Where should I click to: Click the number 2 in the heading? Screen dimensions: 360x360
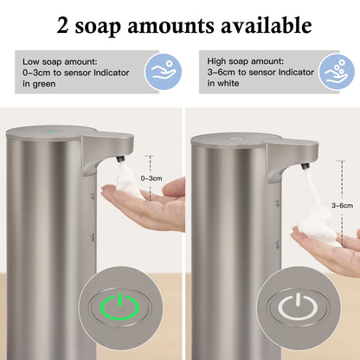pyautogui.click(x=63, y=25)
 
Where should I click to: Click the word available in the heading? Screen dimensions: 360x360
pyautogui.click(x=261, y=25)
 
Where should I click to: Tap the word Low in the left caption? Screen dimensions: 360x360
pyautogui.click(x=30, y=60)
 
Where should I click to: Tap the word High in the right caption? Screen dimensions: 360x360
pyautogui.click(x=218, y=60)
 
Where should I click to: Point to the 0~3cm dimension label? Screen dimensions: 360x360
pyautogui.click(x=150, y=177)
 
